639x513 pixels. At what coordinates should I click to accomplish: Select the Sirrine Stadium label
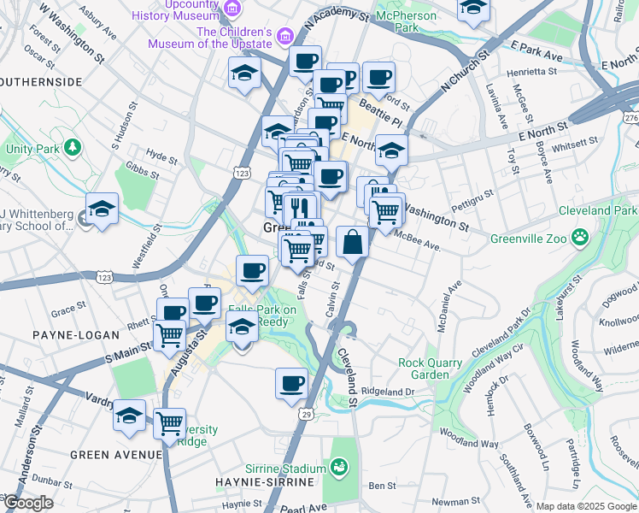[x=284, y=469]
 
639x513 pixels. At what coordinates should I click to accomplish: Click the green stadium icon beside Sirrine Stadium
[x=339, y=467]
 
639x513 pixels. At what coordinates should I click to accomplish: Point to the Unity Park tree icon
[x=73, y=147]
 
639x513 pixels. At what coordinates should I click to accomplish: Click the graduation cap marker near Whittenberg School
[x=101, y=209]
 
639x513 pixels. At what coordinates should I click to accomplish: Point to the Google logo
[x=27, y=504]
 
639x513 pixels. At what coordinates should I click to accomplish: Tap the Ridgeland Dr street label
[x=387, y=392]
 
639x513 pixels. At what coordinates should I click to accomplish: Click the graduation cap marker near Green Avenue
[x=129, y=416]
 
